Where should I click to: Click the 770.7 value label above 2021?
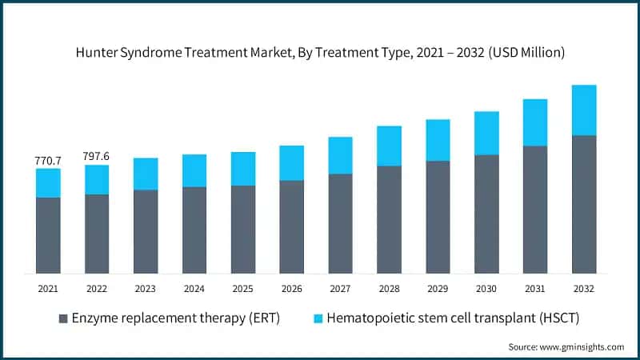(48, 161)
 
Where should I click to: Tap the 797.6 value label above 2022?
(97, 157)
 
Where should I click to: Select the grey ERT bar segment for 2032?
(584, 204)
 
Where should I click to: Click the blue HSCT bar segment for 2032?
(584, 110)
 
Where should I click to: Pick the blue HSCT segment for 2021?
(48, 183)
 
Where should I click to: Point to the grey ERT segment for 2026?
(292, 226)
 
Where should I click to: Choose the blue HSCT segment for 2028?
(390, 146)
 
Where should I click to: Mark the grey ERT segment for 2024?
(194, 230)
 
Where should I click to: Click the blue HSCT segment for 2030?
(486, 133)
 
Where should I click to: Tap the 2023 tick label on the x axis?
(146, 287)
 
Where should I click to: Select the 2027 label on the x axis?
(341, 287)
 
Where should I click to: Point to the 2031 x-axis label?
(535, 287)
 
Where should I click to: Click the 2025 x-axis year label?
(243, 287)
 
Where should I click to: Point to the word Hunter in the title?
(96, 53)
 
